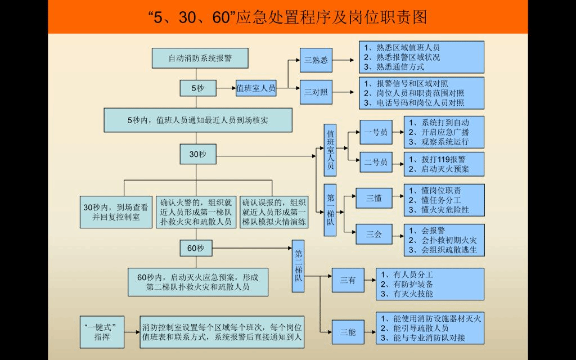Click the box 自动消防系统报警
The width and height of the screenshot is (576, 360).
(200, 58)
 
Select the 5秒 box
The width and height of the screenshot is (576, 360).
(197, 88)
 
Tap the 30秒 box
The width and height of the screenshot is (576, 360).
(197, 154)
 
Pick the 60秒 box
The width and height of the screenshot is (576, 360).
(196, 247)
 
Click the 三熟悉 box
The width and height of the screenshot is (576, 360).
(316, 61)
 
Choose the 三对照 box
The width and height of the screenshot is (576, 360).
(316, 92)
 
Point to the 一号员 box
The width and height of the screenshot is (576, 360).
(376, 132)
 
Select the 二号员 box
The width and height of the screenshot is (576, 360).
(376, 162)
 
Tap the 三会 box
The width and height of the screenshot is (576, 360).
(374, 233)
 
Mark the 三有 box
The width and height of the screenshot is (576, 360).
(348, 280)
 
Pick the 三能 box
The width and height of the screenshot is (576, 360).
(348, 332)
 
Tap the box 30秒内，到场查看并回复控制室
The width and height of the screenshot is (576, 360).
(116, 211)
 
